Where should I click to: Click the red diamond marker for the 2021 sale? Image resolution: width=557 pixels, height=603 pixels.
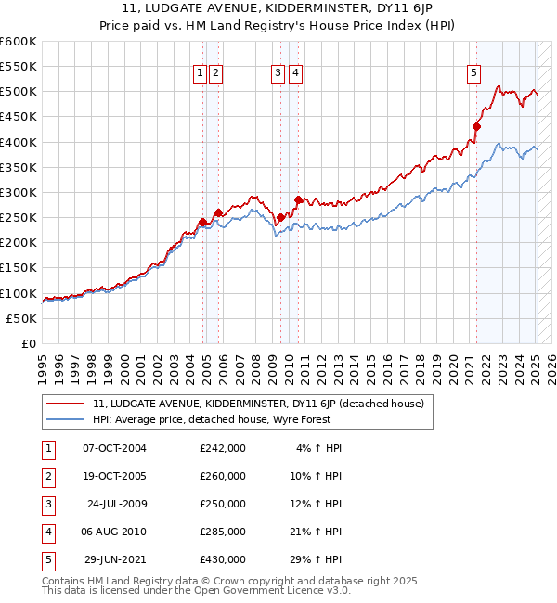coord(476,127)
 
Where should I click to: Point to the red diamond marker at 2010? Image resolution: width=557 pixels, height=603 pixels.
coord(298,199)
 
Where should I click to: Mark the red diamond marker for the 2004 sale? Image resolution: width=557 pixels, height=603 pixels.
coord(202,222)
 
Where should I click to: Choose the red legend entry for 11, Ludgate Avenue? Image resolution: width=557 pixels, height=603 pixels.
coord(258,404)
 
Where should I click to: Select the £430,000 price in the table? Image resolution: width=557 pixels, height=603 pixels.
coord(223,559)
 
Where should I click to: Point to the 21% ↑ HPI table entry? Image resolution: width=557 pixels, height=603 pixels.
coord(319,532)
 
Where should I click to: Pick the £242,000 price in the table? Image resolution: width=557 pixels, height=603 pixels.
coord(223,448)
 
